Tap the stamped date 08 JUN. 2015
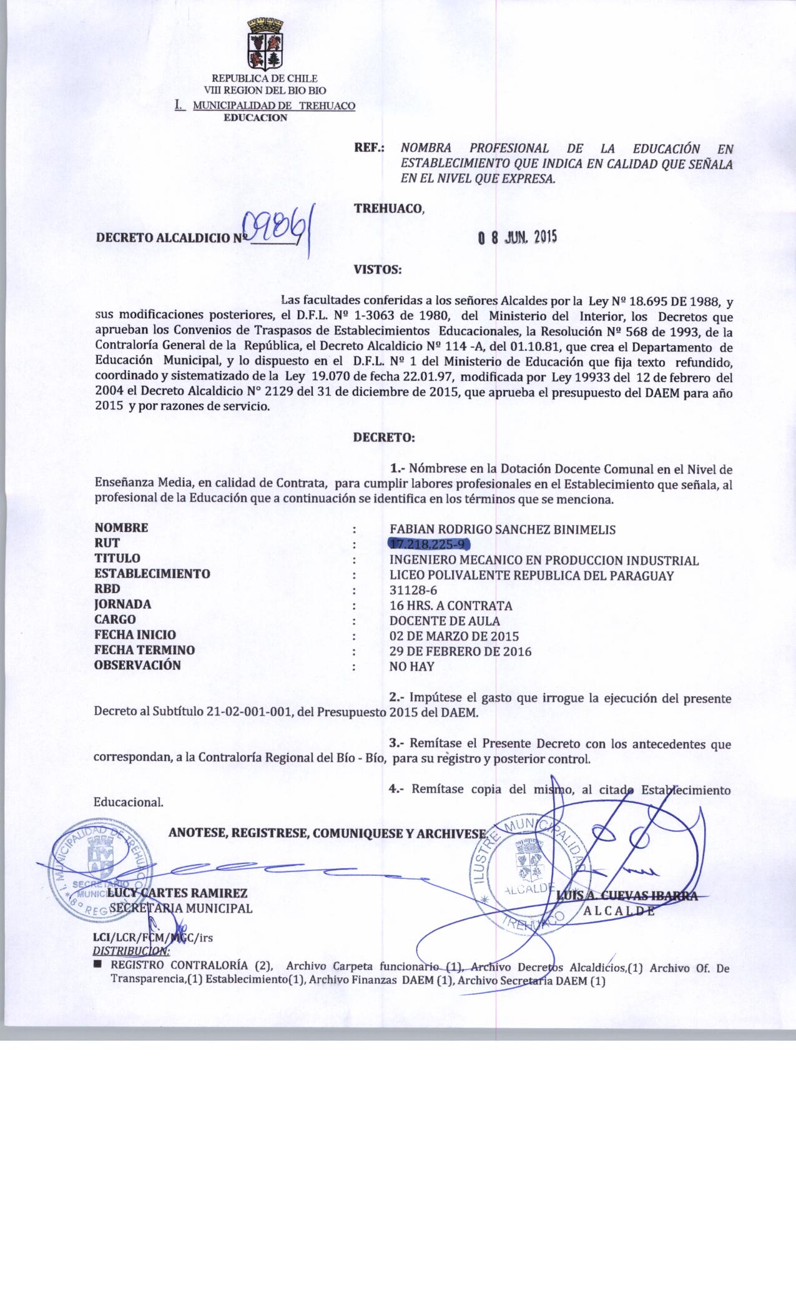(x=517, y=237)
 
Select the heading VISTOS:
(x=378, y=270)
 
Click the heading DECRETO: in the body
(x=384, y=437)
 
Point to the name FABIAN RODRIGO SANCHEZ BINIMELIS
(x=502, y=529)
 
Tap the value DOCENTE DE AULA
(x=445, y=621)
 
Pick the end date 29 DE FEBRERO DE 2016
(x=460, y=651)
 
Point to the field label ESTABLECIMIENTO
(x=152, y=574)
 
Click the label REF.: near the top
(x=369, y=149)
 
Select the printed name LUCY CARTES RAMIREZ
(x=178, y=893)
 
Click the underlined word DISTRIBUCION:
(x=130, y=951)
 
